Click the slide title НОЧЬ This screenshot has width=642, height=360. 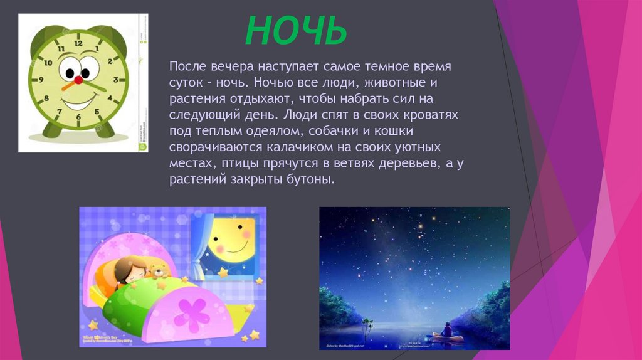295,31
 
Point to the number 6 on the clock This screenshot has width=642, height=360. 78,117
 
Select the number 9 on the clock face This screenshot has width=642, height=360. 41,80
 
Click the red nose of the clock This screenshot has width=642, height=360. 78,80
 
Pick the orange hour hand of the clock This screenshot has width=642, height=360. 70,85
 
